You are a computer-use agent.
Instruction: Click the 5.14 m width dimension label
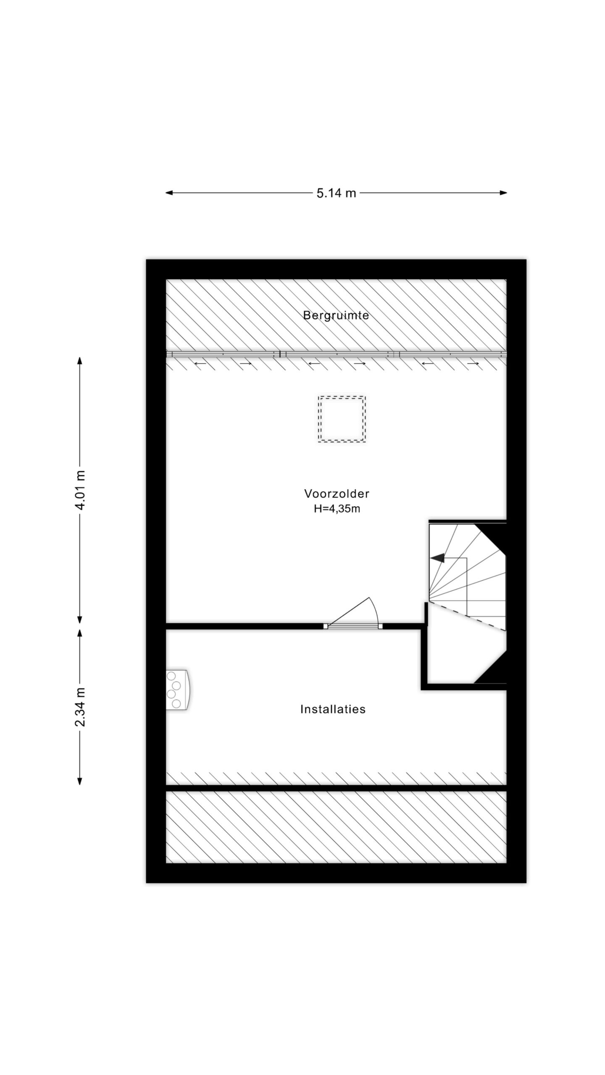click(x=336, y=193)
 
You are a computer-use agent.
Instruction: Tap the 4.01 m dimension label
click(x=80, y=490)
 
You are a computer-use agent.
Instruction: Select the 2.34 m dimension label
click(x=80, y=707)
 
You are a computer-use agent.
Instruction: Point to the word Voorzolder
click(x=337, y=494)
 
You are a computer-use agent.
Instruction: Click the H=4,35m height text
click(x=337, y=509)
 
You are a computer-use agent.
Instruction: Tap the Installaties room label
click(x=333, y=709)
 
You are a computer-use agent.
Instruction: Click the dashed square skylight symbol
click(x=342, y=419)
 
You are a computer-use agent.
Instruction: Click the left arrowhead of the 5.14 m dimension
click(x=169, y=193)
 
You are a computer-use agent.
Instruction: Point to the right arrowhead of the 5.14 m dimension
click(x=503, y=193)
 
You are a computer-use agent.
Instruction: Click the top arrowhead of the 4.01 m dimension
click(x=80, y=361)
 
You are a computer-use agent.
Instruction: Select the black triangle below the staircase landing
click(x=495, y=672)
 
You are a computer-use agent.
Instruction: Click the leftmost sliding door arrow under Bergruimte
click(x=200, y=363)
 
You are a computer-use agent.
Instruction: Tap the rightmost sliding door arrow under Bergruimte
click(x=473, y=363)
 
